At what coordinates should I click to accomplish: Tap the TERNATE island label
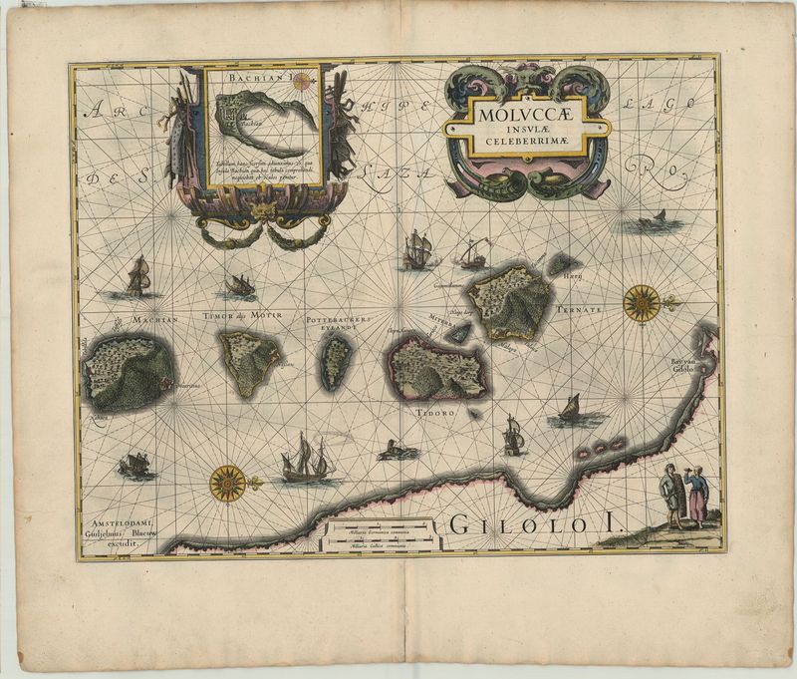580,310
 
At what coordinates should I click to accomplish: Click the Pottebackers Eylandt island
336,360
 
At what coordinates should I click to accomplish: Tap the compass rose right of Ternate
642,302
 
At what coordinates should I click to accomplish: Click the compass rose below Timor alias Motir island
227,484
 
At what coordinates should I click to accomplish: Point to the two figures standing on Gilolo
684,496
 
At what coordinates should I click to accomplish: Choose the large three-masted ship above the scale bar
308,460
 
